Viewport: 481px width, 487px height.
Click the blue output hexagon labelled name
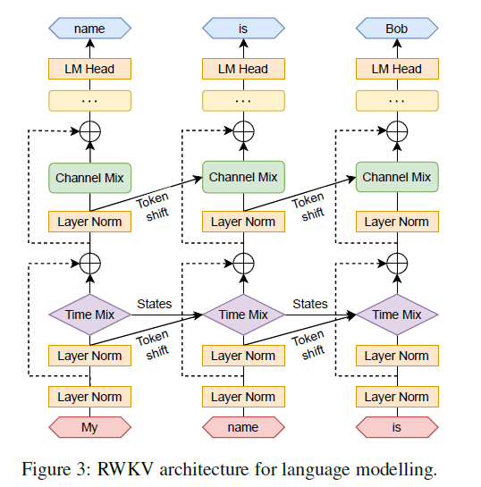(89, 29)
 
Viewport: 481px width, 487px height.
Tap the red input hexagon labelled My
(89, 427)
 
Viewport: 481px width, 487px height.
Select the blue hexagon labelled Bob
(396, 29)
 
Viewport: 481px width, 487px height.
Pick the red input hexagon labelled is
(396, 427)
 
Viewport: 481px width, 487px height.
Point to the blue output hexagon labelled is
(243, 29)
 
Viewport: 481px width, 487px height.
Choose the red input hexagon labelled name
(243, 427)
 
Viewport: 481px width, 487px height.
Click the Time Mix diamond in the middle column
(243, 315)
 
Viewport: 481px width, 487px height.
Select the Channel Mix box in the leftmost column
(89, 178)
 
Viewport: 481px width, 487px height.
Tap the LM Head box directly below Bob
(396, 69)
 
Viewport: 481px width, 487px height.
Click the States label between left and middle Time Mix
(155, 304)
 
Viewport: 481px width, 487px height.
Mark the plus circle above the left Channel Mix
(89, 132)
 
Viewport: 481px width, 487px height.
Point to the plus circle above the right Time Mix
(396, 264)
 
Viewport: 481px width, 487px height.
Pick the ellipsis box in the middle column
(243, 100)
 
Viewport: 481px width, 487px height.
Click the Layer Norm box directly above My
(89, 397)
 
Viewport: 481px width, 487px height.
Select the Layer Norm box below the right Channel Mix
(396, 222)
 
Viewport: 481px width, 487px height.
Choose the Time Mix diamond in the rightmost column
(396, 315)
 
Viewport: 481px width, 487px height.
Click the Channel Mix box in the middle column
(243, 177)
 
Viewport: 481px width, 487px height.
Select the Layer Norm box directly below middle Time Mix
(243, 356)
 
